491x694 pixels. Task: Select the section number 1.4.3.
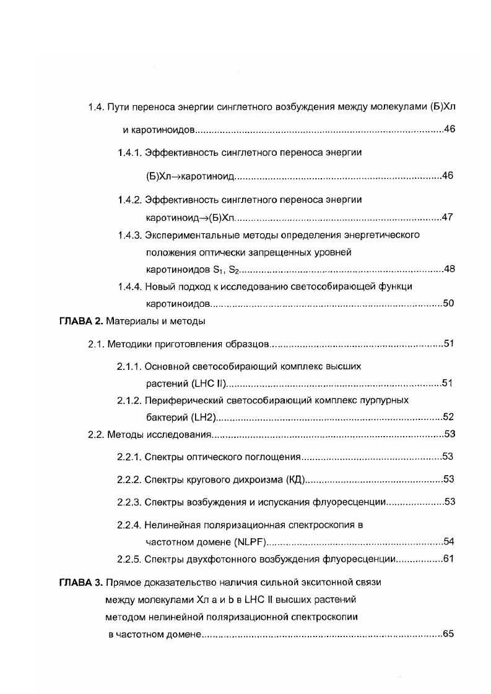[130, 235]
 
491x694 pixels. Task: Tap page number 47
[449, 217]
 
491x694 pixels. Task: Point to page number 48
[450, 269]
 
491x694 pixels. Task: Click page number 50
[449, 303]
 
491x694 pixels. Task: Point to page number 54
[449, 542]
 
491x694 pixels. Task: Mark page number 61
[449, 559]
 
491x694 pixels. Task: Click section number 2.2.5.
[129, 559]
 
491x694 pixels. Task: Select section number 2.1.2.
[129, 400]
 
